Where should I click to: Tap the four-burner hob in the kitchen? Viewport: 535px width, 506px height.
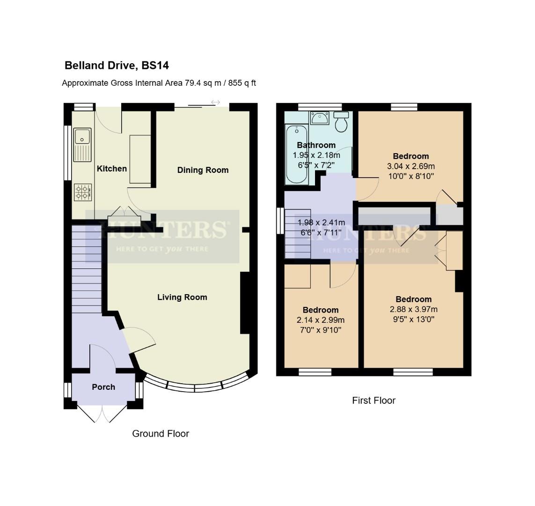tap(83, 192)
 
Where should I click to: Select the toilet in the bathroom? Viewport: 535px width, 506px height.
tap(342, 122)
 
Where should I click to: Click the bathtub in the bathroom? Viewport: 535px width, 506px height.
tap(296, 155)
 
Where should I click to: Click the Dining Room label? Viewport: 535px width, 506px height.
tap(203, 170)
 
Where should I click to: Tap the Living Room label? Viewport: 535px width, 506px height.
tap(182, 297)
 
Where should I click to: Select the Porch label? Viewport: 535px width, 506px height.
tap(103, 387)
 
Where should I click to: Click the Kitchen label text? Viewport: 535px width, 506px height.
tap(112, 169)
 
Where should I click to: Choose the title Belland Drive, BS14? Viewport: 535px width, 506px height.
tap(117, 65)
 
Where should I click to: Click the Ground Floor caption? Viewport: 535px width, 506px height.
tap(161, 433)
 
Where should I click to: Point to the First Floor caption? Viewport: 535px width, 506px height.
tap(374, 401)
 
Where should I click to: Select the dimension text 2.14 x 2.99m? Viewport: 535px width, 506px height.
tap(321, 320)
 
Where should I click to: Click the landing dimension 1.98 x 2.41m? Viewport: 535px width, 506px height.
tap(322, 222)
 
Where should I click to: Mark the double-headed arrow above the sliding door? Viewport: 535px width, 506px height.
tap(215, 102)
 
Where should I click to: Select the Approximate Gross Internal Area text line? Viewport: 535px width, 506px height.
tap(159, 83)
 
